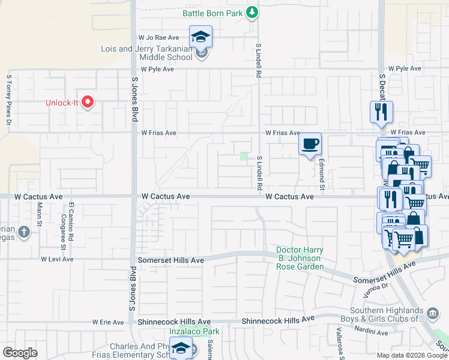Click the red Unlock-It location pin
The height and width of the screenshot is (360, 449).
pyautogui.click(x=88, y=102)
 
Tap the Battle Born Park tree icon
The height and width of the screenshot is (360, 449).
pyautogui.click(x=253, y=12)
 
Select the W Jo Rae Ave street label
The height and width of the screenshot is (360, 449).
pyautogui.click(x=159, y=37)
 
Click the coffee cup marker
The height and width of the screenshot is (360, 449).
pyautogui.click(x=310, y=144)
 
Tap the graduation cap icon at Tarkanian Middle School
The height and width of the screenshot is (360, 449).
pyautogui.click(x=201, y=35)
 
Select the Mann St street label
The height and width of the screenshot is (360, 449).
pyautogui.click(x=40, y=214)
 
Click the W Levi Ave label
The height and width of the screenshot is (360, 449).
pyautogui.click(x=57, y=259)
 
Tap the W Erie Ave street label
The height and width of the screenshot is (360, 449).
pyautogui.click(x=107, y=322)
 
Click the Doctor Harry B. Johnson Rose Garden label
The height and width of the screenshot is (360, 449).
pyautogui.click(x=300, y=258)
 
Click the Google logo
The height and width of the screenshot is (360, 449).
pyautogui.click(x=20, y=353)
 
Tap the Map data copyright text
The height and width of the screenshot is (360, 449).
pyautogui.click(x=412, y=355)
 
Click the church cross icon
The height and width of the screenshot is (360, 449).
pyautogui.click(x=23, y=232)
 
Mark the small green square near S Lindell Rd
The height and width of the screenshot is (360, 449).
pyautogui.click(x=244, y=156)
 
